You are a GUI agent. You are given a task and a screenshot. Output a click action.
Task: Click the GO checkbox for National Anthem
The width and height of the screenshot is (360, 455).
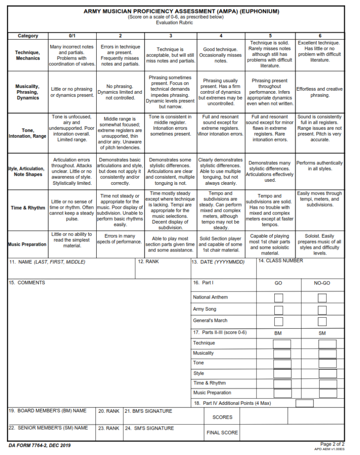tap(278, 298)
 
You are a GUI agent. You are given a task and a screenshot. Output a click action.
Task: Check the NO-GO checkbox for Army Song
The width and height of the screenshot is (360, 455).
tap(322, 310)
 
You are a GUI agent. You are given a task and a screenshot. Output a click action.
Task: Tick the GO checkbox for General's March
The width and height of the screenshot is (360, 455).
tap(278, 321)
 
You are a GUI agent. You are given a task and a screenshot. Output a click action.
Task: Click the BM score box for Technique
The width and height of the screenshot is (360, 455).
tap(282, 343)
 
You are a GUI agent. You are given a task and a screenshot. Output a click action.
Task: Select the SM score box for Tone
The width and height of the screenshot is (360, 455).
tap(328, 363)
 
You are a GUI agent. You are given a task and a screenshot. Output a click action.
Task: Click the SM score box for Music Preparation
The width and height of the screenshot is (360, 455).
tap(328, 393)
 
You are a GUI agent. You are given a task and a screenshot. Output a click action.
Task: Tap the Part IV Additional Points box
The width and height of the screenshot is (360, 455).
tap(305, 403)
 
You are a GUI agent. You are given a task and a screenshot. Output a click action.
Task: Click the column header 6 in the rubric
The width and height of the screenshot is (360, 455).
tap(320, 36)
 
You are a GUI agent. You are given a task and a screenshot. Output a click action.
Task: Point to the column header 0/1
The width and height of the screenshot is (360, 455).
tap(72, 36)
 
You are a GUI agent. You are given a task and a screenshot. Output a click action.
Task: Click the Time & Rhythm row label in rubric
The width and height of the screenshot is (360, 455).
tap(28, 208)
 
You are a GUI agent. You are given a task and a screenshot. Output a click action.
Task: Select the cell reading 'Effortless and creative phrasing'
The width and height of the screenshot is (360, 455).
tap(320, 92)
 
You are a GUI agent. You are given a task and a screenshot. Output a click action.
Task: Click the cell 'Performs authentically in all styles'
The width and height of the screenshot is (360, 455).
tap(320, 166)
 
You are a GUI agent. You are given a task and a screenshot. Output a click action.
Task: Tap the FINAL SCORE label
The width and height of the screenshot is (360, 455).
tap(222, 432)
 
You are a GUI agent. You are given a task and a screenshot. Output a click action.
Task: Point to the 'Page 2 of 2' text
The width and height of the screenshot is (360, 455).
tap(332, 444)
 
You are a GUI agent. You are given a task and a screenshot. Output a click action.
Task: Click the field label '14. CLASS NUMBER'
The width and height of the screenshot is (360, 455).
tap(281, 261)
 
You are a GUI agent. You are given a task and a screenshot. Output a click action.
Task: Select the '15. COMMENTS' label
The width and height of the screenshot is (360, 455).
tap(27, 283)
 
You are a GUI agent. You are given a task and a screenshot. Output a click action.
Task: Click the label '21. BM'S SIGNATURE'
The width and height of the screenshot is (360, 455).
tap(148, 411)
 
